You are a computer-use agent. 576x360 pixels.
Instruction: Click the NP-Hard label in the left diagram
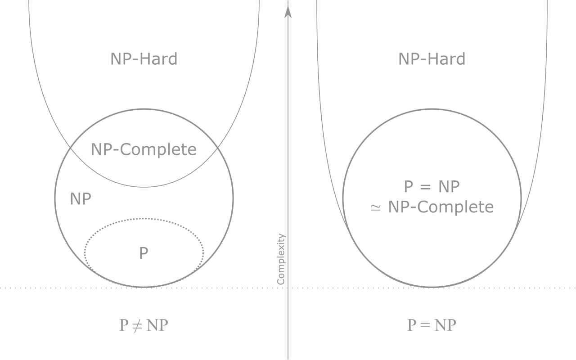[144, 59]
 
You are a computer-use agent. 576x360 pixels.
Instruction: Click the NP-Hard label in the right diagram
[432, 59]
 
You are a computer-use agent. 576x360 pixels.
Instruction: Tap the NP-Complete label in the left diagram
[144, 150]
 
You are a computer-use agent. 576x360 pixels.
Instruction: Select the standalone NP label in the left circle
[81, 199]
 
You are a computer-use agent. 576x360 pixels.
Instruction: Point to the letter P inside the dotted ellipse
[144, 253]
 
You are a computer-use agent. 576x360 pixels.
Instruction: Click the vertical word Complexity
[281, 259]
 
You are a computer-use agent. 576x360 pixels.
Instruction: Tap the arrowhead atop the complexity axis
[288, 12]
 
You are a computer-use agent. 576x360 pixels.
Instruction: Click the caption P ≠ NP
[144, 325]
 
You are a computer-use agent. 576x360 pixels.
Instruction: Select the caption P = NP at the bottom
[432, 325]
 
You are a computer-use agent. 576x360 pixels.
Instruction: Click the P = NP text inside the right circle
[432, 186]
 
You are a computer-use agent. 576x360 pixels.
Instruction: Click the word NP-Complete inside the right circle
[441, 207]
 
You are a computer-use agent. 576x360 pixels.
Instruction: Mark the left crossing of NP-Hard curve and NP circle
[71, 147]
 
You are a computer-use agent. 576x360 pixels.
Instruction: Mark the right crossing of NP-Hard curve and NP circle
[217, 147]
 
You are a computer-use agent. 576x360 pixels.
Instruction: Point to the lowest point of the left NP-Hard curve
[144, 187]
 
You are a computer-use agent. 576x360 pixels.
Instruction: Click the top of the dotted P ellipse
[144, 219]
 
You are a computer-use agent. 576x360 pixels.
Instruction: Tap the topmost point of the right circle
[432, 109]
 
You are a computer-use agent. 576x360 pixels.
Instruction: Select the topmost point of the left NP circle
[144, 109]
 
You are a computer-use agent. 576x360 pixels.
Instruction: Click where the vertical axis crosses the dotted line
[288, 288]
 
